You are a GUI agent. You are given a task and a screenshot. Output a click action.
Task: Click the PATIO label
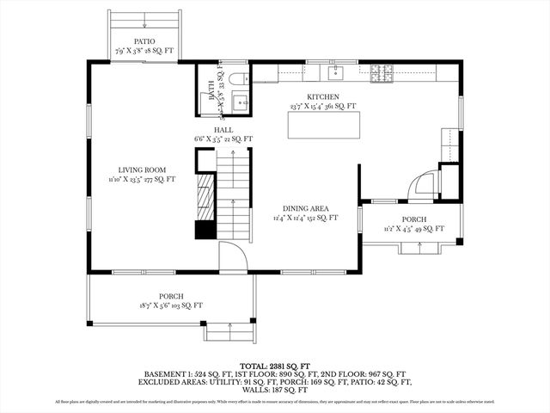[144, 41]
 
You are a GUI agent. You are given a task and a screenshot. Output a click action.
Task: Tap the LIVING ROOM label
[142, 170]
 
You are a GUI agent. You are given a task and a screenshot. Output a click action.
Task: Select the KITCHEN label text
[323, 97]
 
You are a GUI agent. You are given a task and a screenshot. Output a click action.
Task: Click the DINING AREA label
[306, 208]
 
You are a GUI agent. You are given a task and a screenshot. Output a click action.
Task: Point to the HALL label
[223, 130]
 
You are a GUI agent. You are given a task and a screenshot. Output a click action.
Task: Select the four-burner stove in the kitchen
[381, 73]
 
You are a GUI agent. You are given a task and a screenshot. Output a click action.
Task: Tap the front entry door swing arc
[233, 256]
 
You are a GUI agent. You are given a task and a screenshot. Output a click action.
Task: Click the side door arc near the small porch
[425, 187]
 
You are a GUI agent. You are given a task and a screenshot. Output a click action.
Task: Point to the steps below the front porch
[229, 331]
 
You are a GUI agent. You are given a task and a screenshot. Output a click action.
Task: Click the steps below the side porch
[419, 249]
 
